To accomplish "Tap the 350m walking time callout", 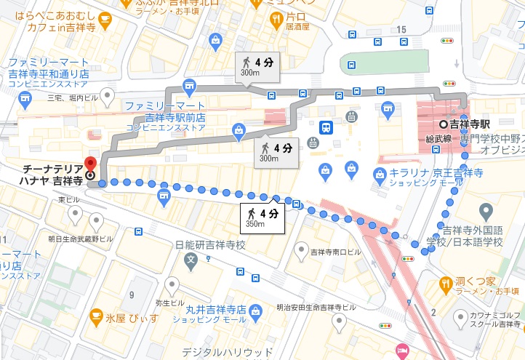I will click(x=260, y=217).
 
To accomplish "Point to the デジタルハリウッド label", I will click(x=217, y=352).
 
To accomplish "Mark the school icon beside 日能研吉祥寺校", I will click(x=191, y=258).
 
